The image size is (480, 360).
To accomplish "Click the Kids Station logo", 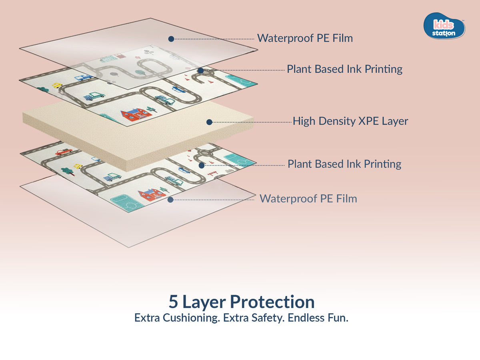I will [x=444, y=26].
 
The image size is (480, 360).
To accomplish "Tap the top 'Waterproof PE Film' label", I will [x=305, y=38].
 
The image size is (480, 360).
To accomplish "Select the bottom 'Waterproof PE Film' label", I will [x=308, y=198].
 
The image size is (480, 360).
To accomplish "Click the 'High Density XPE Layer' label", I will [x=350, y=121].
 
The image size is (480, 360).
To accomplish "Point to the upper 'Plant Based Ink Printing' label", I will [x=344, y=69].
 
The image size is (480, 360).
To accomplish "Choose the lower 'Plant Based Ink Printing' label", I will [x=344, y=164].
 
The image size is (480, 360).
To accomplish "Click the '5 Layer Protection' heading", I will [x=241, y=302].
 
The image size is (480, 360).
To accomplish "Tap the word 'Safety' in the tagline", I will [x=267, y=318].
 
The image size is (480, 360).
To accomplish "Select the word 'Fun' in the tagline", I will [x=339, y=318].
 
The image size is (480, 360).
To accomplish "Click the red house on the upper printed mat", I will [x=136, y=114].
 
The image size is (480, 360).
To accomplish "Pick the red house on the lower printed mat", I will [x=152, y=194].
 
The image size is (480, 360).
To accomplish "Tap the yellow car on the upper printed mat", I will [x=57, y=86].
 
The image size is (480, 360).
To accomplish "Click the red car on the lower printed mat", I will [x=64, y=152].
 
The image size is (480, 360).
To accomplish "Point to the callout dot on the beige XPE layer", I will [x=209, y=122].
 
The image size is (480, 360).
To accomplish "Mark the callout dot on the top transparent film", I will [x=171, y=39].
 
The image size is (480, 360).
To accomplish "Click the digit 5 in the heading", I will [x=173, y=302].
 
